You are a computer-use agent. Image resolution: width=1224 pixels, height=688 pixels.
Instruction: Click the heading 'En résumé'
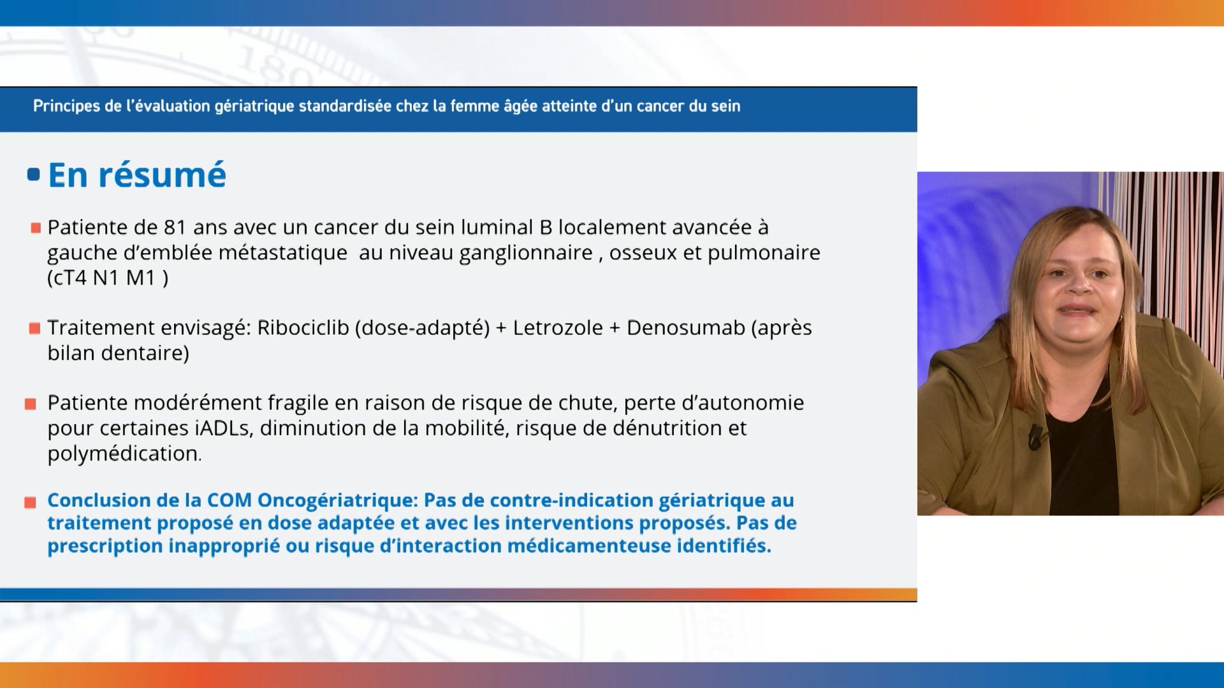[x=137, y=175]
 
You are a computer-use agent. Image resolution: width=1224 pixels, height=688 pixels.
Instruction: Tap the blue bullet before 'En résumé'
[x=34, y=175]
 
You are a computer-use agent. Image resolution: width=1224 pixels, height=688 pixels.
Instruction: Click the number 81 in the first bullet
[x=175, y=227]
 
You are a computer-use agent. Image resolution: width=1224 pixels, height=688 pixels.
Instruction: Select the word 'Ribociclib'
[x=303, y=327]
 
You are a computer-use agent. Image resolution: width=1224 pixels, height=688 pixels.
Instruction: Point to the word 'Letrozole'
[x=558, y=327]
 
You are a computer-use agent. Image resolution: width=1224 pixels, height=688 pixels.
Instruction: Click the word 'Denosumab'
[x=686, y=327]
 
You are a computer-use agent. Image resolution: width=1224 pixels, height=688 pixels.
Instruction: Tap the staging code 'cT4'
[x=69, y=278]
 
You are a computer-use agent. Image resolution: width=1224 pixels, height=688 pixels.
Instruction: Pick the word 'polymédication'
[x=123, y=454]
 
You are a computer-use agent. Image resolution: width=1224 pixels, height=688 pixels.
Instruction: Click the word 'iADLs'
[x=222, y=428]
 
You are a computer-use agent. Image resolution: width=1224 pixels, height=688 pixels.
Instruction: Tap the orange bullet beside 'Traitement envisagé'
[x=34, y=329]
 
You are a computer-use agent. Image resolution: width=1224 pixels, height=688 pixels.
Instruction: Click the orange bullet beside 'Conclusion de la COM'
[x=30, y=503]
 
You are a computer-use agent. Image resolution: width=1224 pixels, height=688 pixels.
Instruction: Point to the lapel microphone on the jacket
[x=1035, y=435]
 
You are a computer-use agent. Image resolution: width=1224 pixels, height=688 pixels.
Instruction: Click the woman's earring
[x=1120, y=317]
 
